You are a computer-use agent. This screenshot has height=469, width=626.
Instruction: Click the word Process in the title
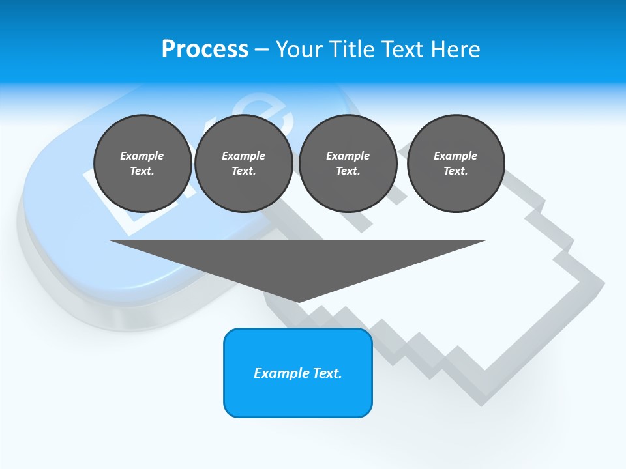(205, 50)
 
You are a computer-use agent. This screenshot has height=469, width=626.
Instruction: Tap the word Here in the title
(456, 50)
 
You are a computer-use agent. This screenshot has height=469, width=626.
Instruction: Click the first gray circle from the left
(142, 163)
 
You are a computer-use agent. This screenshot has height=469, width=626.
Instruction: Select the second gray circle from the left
(243, 163)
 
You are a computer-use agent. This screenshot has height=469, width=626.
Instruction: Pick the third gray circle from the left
(348, 163)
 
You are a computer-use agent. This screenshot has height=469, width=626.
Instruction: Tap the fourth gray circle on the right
(455, 163)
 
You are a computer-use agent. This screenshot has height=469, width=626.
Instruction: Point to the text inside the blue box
(297, 373)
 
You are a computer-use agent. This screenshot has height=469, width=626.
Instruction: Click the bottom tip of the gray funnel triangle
(299, 300)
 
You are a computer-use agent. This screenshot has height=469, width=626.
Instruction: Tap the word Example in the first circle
(142, 156)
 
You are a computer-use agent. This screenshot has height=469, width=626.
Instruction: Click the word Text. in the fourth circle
(455, 171)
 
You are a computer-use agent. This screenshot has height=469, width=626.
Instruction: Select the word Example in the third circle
(348, 156)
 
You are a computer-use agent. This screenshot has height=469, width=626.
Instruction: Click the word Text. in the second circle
(243, 171)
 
